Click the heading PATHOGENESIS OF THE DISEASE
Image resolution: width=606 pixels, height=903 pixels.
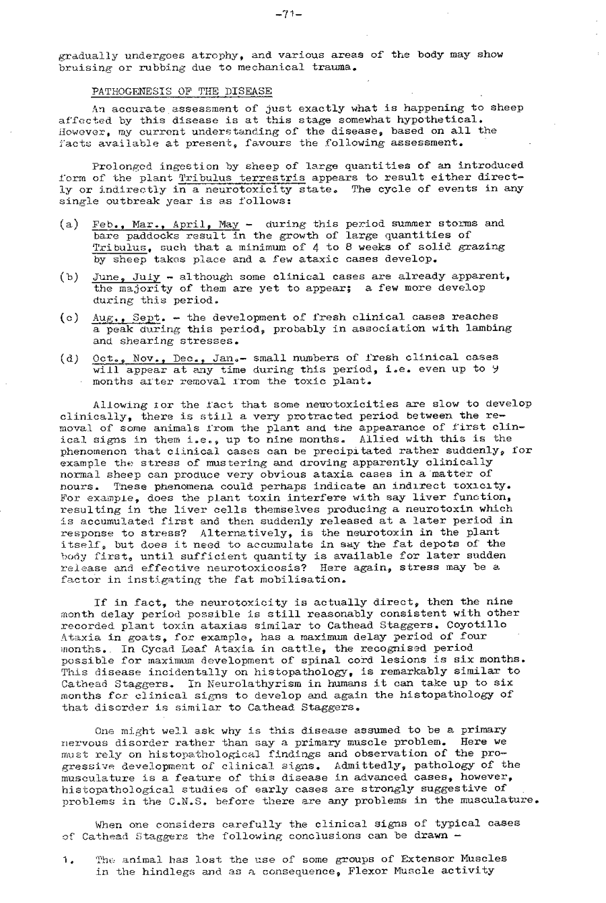182,91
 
